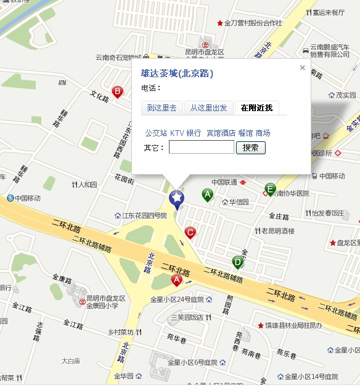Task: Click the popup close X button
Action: pyautogui.click(x=302, y=68)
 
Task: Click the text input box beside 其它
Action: pyautogui.click(x=202, y=148)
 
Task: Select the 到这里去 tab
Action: pyautogui.click(x=162, y=108)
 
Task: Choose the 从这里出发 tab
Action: pyautogui.click(x=208, y=108)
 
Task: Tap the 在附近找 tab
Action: pyautogui.click(x=256, y=108)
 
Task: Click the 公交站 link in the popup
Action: pyautogui.click(x=156, y=133)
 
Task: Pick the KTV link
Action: pyautogui.click(x=177, y=133)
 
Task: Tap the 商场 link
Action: pyautogui.click(x=263, y=133)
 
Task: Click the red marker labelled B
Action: pyautogui.click(x=117, y=92)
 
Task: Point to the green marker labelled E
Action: pyautogui.click(x=270, y=189)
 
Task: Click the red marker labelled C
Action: pyautogui.click(x=190, y=232)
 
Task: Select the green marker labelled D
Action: pyautogui.click(x=238, y=262)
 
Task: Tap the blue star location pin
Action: pyautogui.click(x=177, y=198)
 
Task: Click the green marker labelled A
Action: pyautogui.click(x=208, y=194)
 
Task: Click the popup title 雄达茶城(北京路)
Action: pyautogui.click(x=177, y=73)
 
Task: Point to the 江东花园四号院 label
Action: pyautogui.click(x=144, y=216)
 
